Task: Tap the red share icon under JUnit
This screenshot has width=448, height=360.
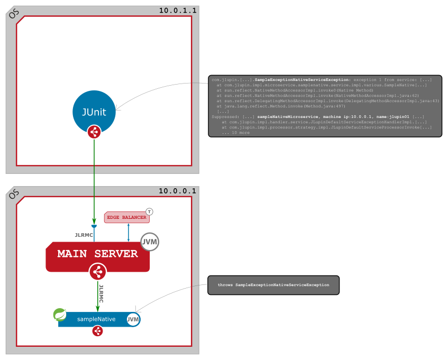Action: [x=94, y=132]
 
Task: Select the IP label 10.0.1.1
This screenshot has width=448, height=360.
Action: [x=178, y=10]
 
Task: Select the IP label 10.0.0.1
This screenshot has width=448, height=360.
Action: [x=178, y=191]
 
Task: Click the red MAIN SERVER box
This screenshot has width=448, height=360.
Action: [x=97, y=254]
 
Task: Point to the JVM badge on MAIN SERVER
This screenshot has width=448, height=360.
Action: [x=150, y=242]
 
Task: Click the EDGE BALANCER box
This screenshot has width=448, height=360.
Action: [x=126, y=217]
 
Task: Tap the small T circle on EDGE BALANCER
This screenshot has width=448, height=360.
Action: [x=149, y=211]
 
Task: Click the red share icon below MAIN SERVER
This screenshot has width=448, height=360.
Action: [x=97, y=272]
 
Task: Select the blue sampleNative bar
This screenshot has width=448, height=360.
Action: [x=95, y=319]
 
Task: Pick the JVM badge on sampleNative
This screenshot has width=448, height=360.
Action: [x=133, y=319]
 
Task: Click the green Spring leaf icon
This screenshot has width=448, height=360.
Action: [x=60, y=315]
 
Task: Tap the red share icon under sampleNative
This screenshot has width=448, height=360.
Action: [x=97, y=331]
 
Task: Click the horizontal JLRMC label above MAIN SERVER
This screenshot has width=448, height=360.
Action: [x=84, y=235]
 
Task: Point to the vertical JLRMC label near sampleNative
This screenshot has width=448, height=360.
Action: [x=102, y=293]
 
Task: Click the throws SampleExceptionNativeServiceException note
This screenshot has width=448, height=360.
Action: [x=273, y=285]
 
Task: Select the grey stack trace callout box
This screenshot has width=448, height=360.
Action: [x=325, y=106]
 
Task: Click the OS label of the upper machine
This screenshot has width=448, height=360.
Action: [x=13, y=13]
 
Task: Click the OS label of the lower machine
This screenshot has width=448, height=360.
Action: [x=13, y=194]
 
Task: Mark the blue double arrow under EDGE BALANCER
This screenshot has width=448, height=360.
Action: [x=129, y=232]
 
